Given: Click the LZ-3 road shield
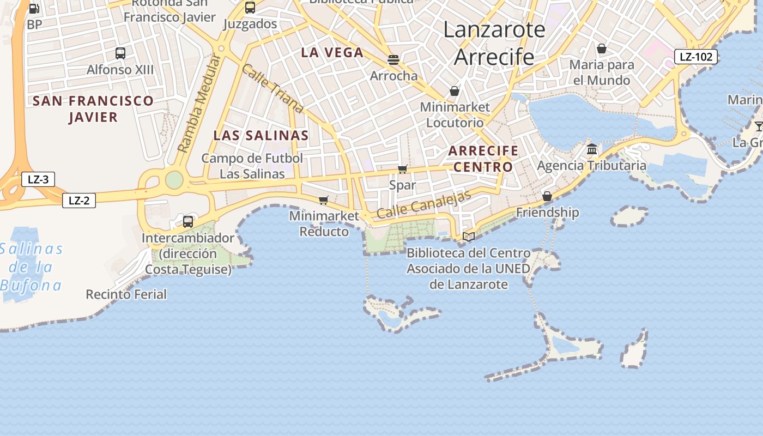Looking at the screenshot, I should [38, 179].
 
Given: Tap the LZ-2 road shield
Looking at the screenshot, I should [79, 201].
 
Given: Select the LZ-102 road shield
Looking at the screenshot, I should [696, 57].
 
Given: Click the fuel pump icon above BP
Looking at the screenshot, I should [34, 9].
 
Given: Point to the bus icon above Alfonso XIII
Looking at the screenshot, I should [120, 53].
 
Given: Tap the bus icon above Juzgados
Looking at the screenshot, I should [250, 8].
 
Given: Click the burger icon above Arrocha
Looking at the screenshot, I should [393, 59].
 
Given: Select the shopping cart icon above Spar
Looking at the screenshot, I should [403, 169].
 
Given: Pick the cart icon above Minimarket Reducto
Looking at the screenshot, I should [324, 200].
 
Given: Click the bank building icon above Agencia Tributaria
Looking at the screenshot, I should [592, 149].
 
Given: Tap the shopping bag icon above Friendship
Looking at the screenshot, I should [547, 196].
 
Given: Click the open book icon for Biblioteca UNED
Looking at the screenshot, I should [469, 237].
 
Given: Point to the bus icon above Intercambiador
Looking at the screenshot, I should [188, 221].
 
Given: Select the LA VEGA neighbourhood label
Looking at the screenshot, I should [332, 53].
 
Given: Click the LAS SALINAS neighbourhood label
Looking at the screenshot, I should [261, 136].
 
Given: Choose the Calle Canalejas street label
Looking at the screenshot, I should [423, 205].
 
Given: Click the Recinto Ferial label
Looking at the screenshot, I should [126, 294].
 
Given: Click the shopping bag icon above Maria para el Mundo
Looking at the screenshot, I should [602, 49].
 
